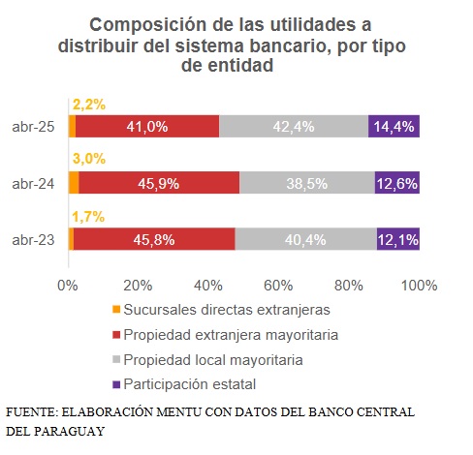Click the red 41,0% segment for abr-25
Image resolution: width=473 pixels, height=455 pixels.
(147, 126)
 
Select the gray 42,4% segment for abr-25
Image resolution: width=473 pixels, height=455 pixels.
(294, 126)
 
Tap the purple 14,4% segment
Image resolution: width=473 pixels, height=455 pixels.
(394, 126)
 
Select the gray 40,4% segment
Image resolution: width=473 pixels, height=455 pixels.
(305, 240)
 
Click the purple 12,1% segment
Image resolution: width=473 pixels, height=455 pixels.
(398, 240)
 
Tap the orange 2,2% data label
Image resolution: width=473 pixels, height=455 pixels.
(88, 103)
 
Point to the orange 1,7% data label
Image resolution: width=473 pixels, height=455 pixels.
(87, 217)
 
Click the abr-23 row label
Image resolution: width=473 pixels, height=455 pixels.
(32, 240)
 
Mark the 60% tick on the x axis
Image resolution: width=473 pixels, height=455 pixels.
(279, 286)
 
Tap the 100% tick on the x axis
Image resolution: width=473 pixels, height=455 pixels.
(418, 286)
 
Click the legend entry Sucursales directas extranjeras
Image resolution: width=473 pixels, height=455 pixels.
(228, 310)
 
